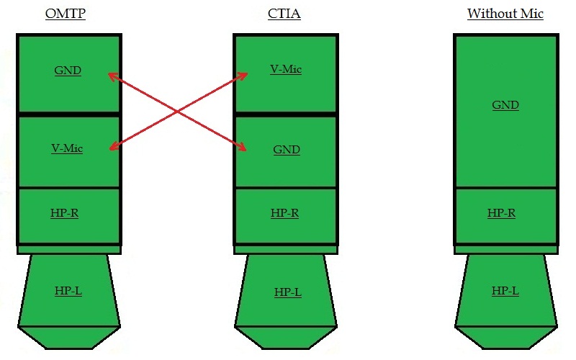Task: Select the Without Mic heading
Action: click(x=505, y=14)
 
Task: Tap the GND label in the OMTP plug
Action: click(x=68, y=71)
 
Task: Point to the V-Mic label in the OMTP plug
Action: click(x=67, y=148)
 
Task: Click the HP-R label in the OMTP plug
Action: click(x=65, y=213)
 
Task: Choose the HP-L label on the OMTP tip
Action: click(x=68, y=291)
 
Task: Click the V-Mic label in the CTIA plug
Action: click(x=286, y=69)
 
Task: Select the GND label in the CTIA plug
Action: click(x=287, y=150)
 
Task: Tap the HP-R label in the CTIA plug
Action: click(x=284, y=213)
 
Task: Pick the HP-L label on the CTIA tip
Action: click(x=287, y=292)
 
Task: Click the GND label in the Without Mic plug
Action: click(x=505, y=105)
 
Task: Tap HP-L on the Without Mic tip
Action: click(x=505, y=291)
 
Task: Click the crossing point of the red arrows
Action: click(x=178, y=112)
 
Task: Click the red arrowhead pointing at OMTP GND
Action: click(x=110, y=74)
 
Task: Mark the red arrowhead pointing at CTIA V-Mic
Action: click(x=245, y=74)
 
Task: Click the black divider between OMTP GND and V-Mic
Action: click(x=68, y=114)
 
